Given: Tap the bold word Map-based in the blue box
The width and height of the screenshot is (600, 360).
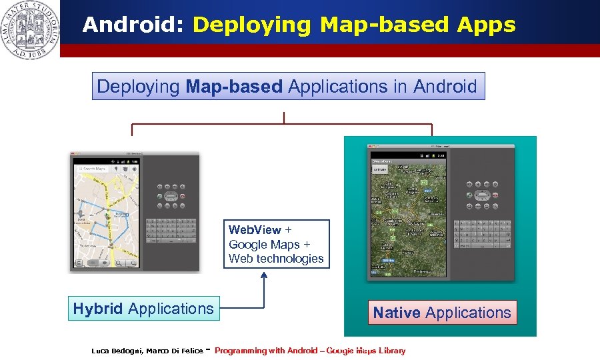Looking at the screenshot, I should point(234,87).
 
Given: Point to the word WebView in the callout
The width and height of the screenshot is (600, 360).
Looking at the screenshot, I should point(255,230).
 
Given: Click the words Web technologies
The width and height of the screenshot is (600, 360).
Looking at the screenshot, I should point(276,259).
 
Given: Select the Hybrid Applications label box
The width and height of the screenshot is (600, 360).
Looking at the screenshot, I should point(143,309).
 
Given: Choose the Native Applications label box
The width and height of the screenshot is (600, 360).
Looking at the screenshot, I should point(442,313).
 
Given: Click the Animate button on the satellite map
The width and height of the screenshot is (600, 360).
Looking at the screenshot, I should point(379,170).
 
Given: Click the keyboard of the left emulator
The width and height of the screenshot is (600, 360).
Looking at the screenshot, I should point(171,230).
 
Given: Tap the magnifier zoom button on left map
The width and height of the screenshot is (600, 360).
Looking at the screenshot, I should point(119,264).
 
